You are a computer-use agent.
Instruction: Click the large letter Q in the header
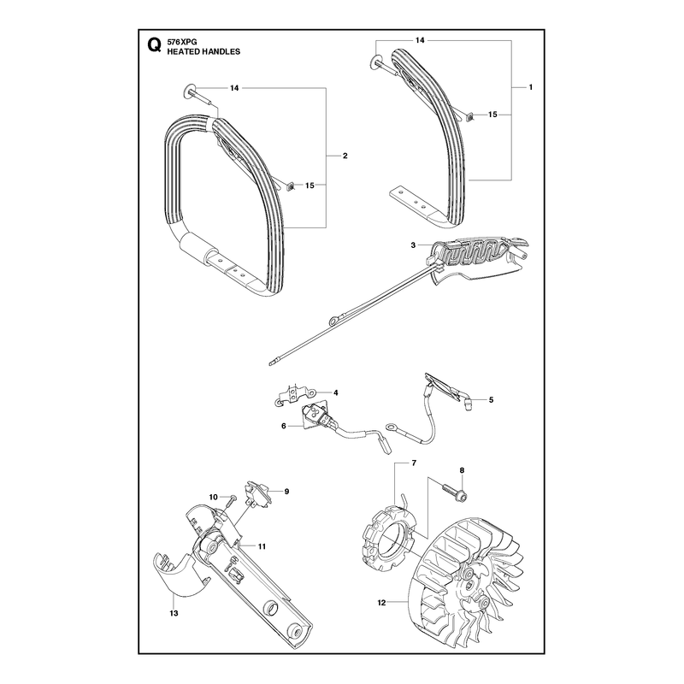[154, 46]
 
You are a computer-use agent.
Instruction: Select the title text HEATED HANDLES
[203, 51]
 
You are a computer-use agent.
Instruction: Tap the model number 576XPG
[182, 42]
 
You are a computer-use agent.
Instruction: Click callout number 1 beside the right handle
[530, 87]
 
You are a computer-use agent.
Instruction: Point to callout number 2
[345, 156]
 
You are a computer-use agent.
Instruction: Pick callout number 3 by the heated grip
[413, 245]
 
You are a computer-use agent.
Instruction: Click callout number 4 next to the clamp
[335, 392]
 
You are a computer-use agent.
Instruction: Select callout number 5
[491, 399]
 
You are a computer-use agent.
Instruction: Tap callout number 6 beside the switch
[284, 426]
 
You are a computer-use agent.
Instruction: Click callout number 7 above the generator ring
[414, 463]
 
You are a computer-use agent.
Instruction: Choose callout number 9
[286, 491]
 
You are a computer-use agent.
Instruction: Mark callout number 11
[262, 546]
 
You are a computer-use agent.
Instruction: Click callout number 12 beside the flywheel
[381, 603]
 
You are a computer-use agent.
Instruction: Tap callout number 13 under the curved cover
[174, 613]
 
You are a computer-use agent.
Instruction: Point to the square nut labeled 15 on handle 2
[290, 186]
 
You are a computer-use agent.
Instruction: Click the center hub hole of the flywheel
[469, 584]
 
